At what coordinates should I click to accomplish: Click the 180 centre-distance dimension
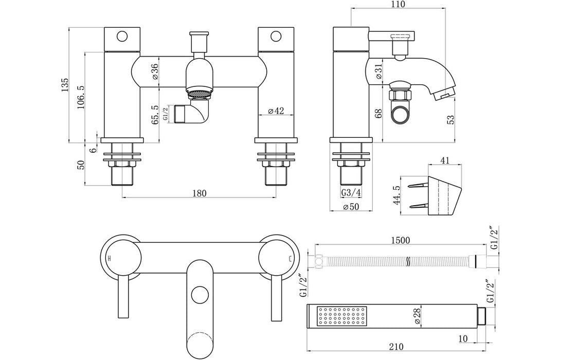coord(199,193)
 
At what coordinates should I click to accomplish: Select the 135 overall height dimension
coord(65,85)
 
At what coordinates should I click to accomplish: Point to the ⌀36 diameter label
coord(155,73)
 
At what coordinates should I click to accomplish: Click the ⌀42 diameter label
coord(277,111)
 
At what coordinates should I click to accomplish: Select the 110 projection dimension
coord(398,5)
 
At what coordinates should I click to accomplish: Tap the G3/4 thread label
coord(350,193)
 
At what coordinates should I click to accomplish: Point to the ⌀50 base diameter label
coord(350,207)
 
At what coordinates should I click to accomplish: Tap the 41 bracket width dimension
coord(445,160)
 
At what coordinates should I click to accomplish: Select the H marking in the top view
coord(109,257)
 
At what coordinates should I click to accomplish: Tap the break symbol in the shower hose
coord(408,261)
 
